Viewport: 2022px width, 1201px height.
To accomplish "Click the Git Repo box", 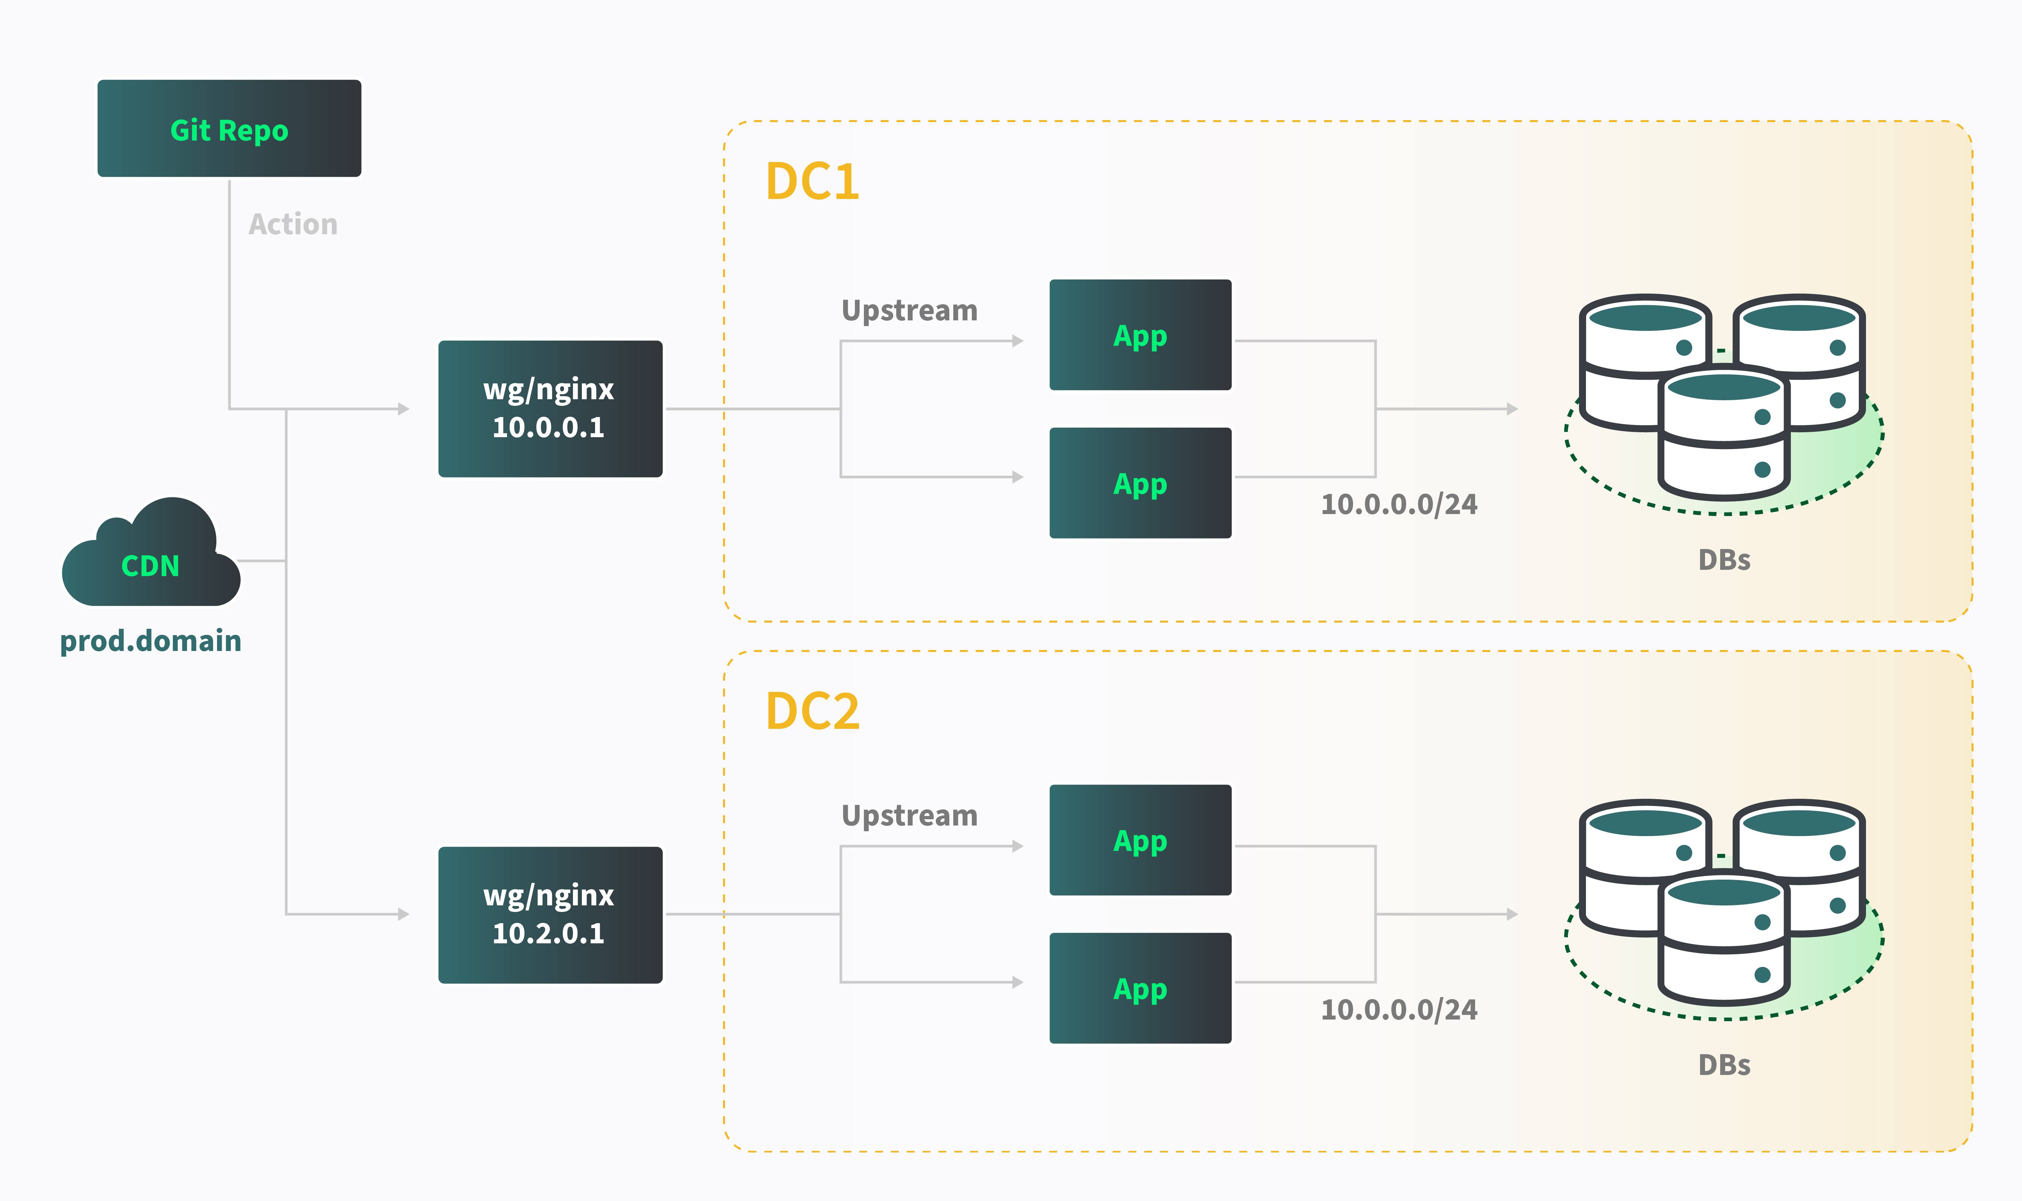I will tap(229, 129).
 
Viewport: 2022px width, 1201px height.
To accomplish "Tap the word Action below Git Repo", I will tap(293, 224).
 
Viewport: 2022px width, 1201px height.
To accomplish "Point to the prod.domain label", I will tap(150, 641).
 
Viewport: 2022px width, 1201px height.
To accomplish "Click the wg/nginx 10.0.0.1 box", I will tap(550, 409).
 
